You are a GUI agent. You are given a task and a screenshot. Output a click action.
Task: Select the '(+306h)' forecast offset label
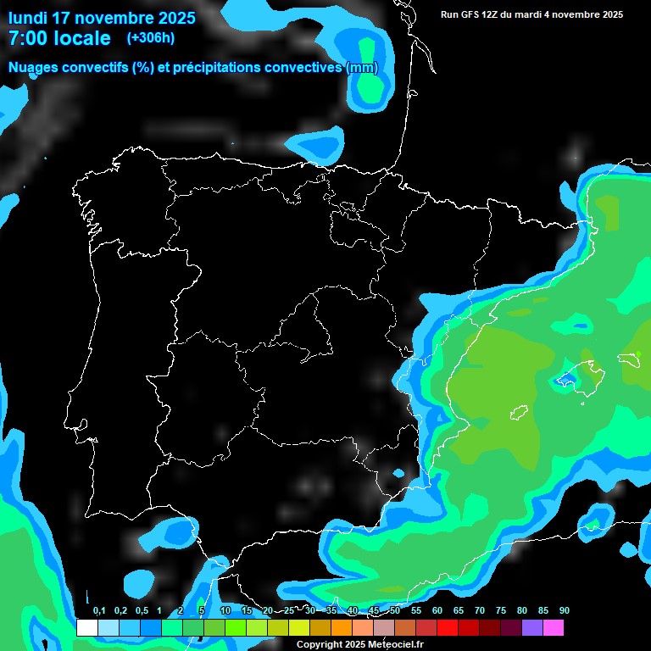pyautogui.click(x=151, y=38)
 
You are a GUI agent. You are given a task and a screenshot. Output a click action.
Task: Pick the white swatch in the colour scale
pyautogui.click(x=86, y=627)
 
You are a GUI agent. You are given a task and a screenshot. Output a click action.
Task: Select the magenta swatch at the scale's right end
pyautogui.click(x=553, y=627)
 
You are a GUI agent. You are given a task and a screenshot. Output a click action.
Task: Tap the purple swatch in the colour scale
pyautogui.click(x=531, y=627)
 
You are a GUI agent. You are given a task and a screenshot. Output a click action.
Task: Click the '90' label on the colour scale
pyautogui.click(x=564, y=611)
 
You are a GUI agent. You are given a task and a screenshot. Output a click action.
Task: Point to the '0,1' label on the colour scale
pyautogui.click(x=98, y=611)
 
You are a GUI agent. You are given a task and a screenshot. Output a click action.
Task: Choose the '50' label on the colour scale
pyautogui.click(x=395, y=611)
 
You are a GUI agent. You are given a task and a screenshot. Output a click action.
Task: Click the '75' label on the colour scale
pyautogui.click(x=500, y=611)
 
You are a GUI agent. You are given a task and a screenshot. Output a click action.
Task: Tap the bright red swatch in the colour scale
pyautogui.click(x=447, y=627)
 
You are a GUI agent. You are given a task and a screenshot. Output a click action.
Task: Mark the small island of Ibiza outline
pyautogui.click(x=518, y=415)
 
